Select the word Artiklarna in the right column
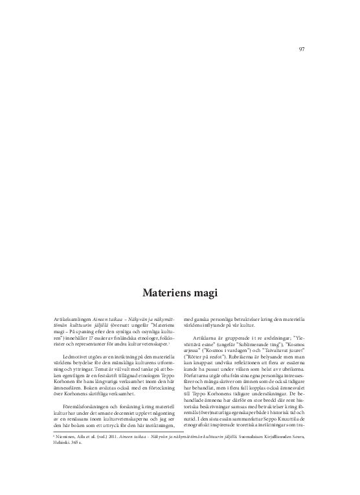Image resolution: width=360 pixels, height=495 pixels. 206,337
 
